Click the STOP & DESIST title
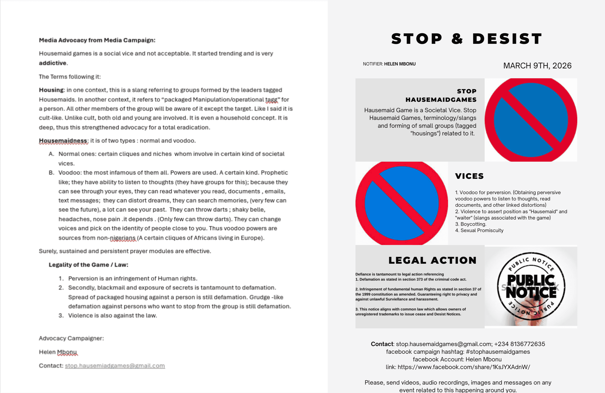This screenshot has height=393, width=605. coord(467,39)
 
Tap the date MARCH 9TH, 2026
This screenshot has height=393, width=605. coord(537,66)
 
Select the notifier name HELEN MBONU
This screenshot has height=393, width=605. coord(400,64)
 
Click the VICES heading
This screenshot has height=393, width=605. coord(469,176)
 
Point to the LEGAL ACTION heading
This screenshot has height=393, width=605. coord(432,260)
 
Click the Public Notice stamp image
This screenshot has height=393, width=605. coord(531,287)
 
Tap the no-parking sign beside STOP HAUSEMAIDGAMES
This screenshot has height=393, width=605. coord(531,120)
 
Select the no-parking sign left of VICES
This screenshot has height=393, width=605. coord(402,203)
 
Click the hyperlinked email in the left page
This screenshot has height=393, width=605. coord(115,366)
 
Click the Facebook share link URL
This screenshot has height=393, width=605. coord(464,367)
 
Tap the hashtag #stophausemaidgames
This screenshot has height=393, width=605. coord(498,352)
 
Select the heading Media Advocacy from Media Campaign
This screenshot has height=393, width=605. coord(97,40)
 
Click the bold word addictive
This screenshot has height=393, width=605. coord(53,63)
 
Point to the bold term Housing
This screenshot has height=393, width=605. coord(51,90)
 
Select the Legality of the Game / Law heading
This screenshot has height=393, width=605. coord(88,265)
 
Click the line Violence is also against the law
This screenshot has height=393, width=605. coord(112,315)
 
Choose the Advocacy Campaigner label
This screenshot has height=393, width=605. coord(71,338)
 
